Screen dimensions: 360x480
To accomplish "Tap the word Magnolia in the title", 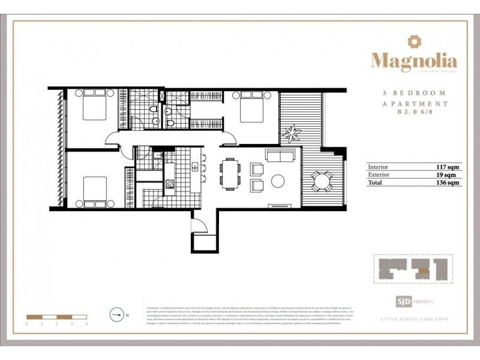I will tap(414, 61).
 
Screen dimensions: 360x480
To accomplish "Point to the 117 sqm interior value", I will tap(449, 167).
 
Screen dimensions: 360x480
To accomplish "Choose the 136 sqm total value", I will tap(449, 182).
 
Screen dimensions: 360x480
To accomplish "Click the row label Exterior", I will tap(380, 175).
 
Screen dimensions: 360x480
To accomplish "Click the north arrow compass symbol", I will tap(117, 313).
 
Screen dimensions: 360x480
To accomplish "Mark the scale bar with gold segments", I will tap(57, 316).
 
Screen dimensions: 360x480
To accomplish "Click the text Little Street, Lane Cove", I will tap(414, 319).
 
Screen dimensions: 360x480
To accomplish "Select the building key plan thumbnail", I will tap(413, 269).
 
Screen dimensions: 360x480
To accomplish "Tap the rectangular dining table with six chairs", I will tap(229, 173).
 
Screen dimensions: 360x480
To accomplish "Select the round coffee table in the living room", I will tap(279, 180).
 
